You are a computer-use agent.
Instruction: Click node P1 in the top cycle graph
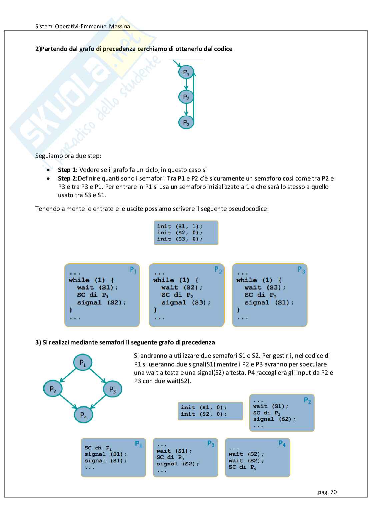(x=186, y=72)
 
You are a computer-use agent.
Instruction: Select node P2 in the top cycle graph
(x=186, y=97)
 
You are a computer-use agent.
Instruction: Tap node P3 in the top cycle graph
(x=186, y=123)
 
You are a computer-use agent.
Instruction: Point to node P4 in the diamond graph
(x=83, y=415)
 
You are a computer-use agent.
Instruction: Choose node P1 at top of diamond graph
(x=83, y=363)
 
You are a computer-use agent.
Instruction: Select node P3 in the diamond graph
(x=113, y=389)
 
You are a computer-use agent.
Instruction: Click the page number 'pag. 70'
(x=327, y=492)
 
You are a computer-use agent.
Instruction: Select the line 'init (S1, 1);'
(x=180, y=227)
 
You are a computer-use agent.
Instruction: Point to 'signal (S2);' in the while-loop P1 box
(x=102, y=302)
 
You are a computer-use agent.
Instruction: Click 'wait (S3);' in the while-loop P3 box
(x=265, y=287)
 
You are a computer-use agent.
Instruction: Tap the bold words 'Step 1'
(x=67, y=170)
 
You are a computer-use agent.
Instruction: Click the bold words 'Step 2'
(x=67, y=179)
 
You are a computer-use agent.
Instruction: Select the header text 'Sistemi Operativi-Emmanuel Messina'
(x=83, y=26)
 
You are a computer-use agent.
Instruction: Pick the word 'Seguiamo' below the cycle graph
(x=48, y=156)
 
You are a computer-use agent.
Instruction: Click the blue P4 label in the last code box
(x=282, y=444)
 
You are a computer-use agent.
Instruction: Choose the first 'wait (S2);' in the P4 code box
(x=246, y=454)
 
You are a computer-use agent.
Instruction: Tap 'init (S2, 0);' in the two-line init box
(x=204, y=414)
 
